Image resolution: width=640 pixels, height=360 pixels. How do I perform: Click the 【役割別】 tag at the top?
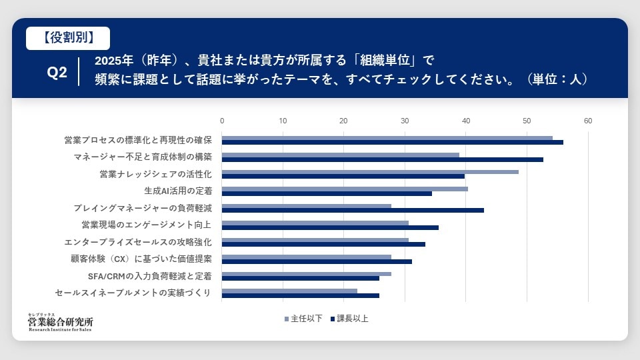(x=68, y=38)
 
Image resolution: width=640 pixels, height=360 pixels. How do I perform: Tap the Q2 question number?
(x=57, y=73)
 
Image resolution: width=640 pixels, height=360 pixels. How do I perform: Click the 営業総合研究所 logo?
(x=61, y=322)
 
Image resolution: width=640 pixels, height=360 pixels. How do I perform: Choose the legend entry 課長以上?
(x=348, y=319)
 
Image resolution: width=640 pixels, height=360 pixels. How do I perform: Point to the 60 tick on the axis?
(x=587, y=121)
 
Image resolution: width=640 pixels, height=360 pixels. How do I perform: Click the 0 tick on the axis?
(x=222, y=121)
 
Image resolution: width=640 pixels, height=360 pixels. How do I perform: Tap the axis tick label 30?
(x=405, y=121)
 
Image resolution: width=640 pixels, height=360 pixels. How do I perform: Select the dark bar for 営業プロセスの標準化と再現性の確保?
(x=392, y=142)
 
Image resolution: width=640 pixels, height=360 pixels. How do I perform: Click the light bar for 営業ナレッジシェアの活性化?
(x=370, y=172)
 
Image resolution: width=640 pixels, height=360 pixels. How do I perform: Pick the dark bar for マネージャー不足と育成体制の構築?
(x=382, y=159)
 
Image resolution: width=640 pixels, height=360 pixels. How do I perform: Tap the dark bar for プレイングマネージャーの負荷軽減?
(x=353, y=210)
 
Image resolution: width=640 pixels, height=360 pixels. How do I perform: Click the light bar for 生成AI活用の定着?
(x=345, y=189)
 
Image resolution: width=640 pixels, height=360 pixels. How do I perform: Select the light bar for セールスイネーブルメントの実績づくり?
(x=289, y=291)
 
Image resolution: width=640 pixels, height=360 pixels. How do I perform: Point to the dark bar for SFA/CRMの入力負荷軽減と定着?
(x=300, y=278)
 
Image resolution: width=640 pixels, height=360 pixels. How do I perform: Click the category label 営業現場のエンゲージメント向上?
(x=146, y=225)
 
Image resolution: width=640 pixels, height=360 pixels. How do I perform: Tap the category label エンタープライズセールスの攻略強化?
(x=138, y=242)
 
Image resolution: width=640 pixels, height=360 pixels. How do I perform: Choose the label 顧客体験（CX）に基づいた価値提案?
(x=141, y=259)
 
